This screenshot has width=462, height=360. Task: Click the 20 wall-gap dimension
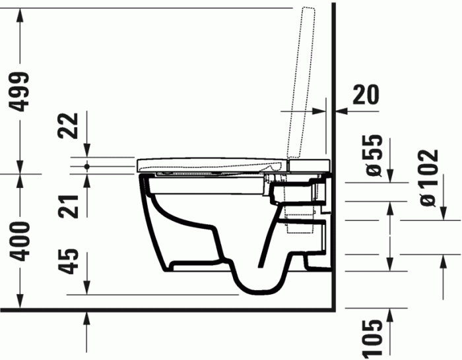click(x=364, y=96)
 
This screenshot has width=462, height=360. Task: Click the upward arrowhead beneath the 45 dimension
click(x=86, y=319)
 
